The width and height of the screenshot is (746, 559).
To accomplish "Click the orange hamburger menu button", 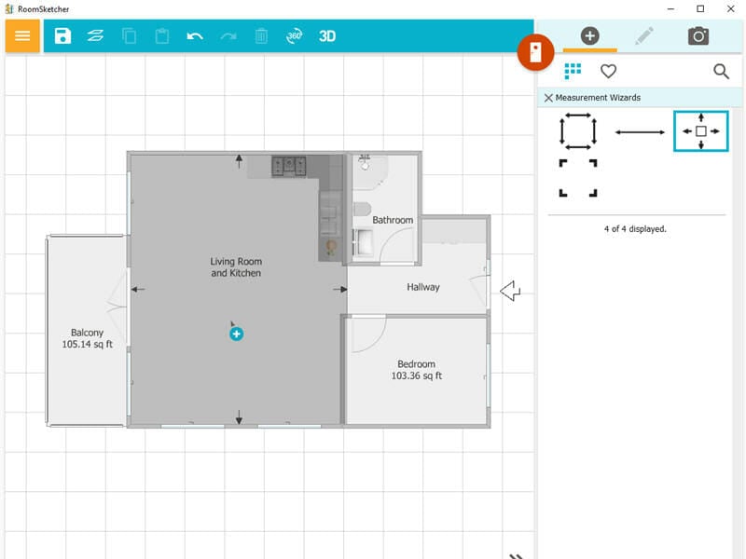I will point(22,36).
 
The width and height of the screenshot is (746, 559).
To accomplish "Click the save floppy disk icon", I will point(62,36).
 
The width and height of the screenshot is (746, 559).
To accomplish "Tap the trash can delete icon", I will point(261,36).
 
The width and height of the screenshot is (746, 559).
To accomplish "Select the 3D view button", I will point(327,36).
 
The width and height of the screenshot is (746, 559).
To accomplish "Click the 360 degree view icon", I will point(295,36).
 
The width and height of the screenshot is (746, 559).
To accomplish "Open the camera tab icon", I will point(698,36).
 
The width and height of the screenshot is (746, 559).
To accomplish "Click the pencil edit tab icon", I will point(644,36).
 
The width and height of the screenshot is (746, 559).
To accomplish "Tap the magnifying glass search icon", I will point(721,71).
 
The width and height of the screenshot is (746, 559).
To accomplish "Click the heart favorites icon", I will point(608,71).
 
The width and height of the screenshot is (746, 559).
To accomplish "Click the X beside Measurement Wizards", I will point(548,98).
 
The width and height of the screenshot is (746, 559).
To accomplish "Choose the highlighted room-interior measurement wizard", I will point(700,131).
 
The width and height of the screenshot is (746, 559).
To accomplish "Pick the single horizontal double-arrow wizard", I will point(640,132).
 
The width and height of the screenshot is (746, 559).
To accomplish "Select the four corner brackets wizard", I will point(578,178).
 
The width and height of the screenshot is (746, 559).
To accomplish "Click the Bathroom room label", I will point(393,220).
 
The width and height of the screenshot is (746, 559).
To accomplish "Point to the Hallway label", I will point(422,287).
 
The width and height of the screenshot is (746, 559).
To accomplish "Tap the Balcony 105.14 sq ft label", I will point(87,338).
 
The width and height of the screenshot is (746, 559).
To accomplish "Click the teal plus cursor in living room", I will point(237,334).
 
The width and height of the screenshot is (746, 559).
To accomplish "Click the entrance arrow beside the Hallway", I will point(509,292).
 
